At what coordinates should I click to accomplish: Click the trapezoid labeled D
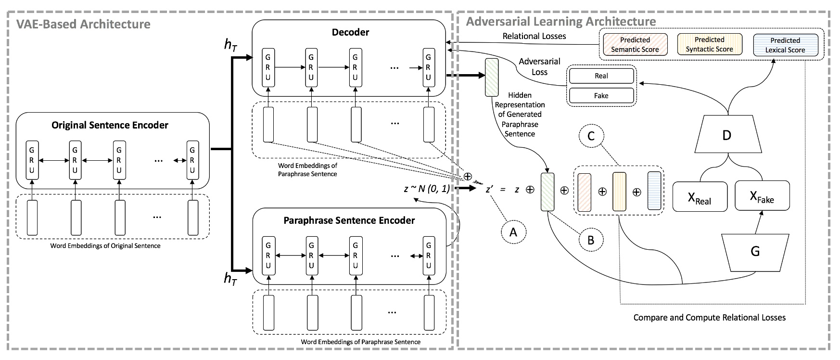(x=727, y=135)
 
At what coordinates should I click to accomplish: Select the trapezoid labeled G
(x=755, y=252)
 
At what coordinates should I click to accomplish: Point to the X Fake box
(x=762, y=195)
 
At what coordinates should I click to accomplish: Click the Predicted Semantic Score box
(x=635, y=44)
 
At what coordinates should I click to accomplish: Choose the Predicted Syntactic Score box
(x=709, y=44)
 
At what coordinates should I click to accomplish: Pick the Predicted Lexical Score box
(x=785, y=45)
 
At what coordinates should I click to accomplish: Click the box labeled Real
(x=601, y=76)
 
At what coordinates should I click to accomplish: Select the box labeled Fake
(x=601, y=95)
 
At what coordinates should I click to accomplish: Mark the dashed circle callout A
(x=513, y=232)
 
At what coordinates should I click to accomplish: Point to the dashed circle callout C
(x=591, y=136)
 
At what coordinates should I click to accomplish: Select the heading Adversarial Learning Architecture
(x=561, y=22)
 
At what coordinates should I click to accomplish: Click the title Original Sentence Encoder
(x=110, y=125)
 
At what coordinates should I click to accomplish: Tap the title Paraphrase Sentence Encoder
(x=349, y=220)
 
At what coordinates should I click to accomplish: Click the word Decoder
(x=350, y=32)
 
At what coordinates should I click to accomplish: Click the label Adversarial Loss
(x=539, y=66)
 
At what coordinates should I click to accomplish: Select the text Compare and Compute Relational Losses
(x=709, y=318)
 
